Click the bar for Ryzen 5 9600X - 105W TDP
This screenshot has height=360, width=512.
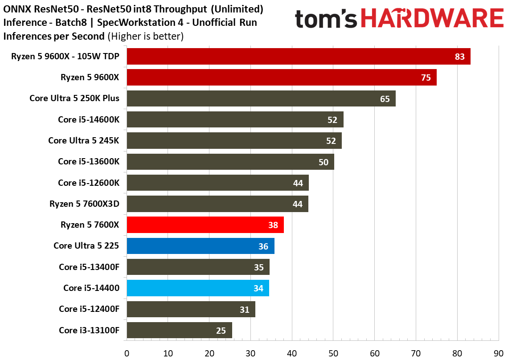pyautogui.click(x=299, y=57)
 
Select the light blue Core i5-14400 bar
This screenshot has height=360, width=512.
pyautogui.click(x=198, y=288)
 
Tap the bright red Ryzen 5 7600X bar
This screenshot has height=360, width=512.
pyautogui.click(x=205, y=225)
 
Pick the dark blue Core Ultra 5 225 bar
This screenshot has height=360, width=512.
pyautogui.click(x=201, y=246)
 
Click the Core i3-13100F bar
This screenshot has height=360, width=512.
pyautogui.click(x=179, y=330)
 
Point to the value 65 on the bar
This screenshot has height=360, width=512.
pyautogui.click(x=385, y=99)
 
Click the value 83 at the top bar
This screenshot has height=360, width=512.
pyautogui.click(x=459, y=57)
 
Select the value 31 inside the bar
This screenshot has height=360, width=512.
pyautogui.click(x=244, y=310)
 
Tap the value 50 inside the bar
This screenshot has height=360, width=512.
pyautogui.click(x=323, y=162)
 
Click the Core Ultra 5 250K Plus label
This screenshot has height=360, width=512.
pyautogui.click(x=74, y=98)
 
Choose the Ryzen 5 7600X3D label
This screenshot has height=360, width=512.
pyautogui.click(x=84, y=204)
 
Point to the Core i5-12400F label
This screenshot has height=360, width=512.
pyautogui.click(x=89, y=309)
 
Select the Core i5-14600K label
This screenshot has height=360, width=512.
pyautogui.click(x=89, y=120)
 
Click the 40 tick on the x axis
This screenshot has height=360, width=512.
pyautogui.click(x=292, y=353)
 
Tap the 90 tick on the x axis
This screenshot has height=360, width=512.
pyautogui.click(x=498, y=353)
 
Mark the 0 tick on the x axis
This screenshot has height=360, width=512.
pyautogui.click(x=127, y=353)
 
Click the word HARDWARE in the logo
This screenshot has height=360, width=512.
pyautogui.click(x=432, y=18)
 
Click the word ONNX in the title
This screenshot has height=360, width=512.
pyautogui.click(x=17, y=9)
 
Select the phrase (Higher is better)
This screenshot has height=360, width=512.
pyautogui.click(x=146, y=36)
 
